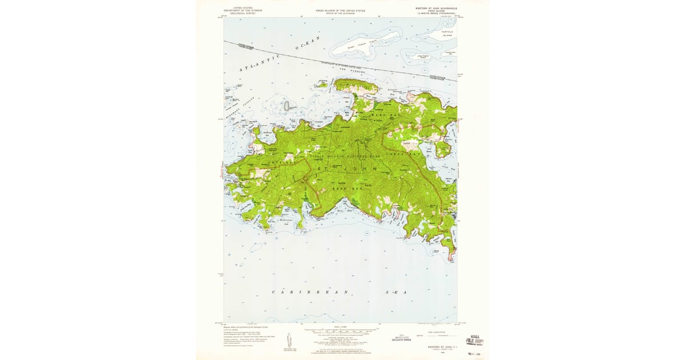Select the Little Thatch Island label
[x=423, y=56]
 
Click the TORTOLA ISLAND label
[x=446, y=33]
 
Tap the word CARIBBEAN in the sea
[x=296, y=292]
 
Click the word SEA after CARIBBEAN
[x=396, y=292]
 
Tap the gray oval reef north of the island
[x=286, y=106]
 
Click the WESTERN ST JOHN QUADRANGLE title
[x=436, y=9]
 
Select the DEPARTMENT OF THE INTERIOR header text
[x=240, y=10]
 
